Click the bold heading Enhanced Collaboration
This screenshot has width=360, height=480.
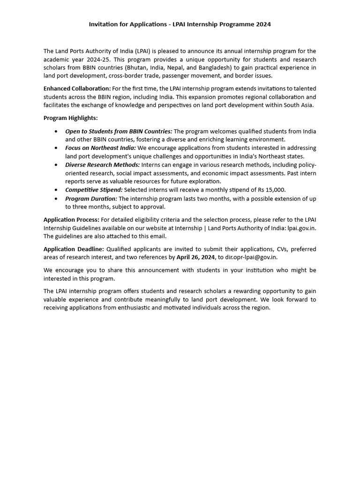click(x=77, y=89)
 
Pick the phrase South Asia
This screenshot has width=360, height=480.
click(x=297, y=105)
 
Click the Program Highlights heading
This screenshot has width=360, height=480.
click(x=71, y=118)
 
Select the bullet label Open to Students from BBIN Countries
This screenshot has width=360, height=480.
click(x=119, y=131)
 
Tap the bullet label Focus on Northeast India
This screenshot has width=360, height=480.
click(x=100, y=148)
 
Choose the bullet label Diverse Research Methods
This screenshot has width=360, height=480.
click(x=102, y=165)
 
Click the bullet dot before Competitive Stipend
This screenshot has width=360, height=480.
click(x=57, y=190)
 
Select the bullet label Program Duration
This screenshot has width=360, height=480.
click(x=91, y=199)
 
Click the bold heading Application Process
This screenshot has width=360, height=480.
click(x=71, y=219)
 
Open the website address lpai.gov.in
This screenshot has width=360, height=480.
click(x=302, y=228)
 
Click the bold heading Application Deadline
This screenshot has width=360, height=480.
click(x=74, y=249)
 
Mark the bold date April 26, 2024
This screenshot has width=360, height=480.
click(x=195, y=257)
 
